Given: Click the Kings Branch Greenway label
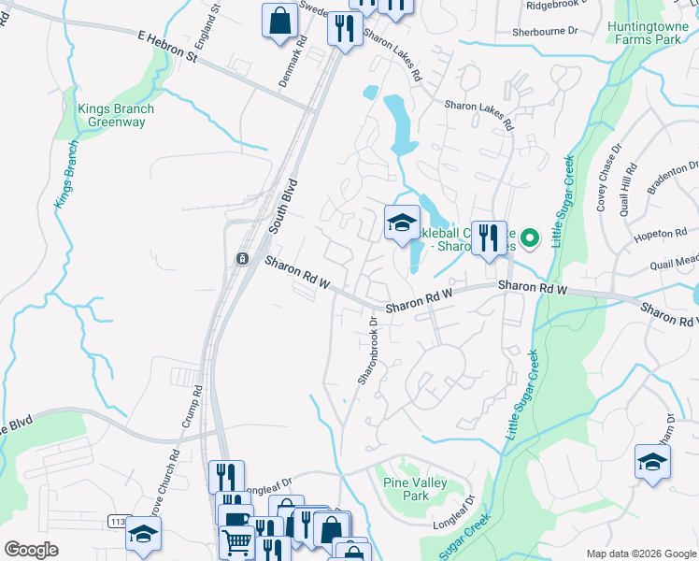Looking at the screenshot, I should tap(116, 116).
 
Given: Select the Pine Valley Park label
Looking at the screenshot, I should tap(415, 489).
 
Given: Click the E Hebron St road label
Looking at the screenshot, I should tap(168, 44).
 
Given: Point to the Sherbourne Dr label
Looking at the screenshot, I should tap(545, 31).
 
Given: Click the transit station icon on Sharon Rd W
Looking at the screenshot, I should tap(241, 258).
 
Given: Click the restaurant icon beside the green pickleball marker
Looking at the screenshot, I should tap(488, 238).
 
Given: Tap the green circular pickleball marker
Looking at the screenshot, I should tap(531, 238).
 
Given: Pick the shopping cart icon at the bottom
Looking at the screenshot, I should tap(237, 539).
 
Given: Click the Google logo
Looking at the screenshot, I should tap(32, 550).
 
